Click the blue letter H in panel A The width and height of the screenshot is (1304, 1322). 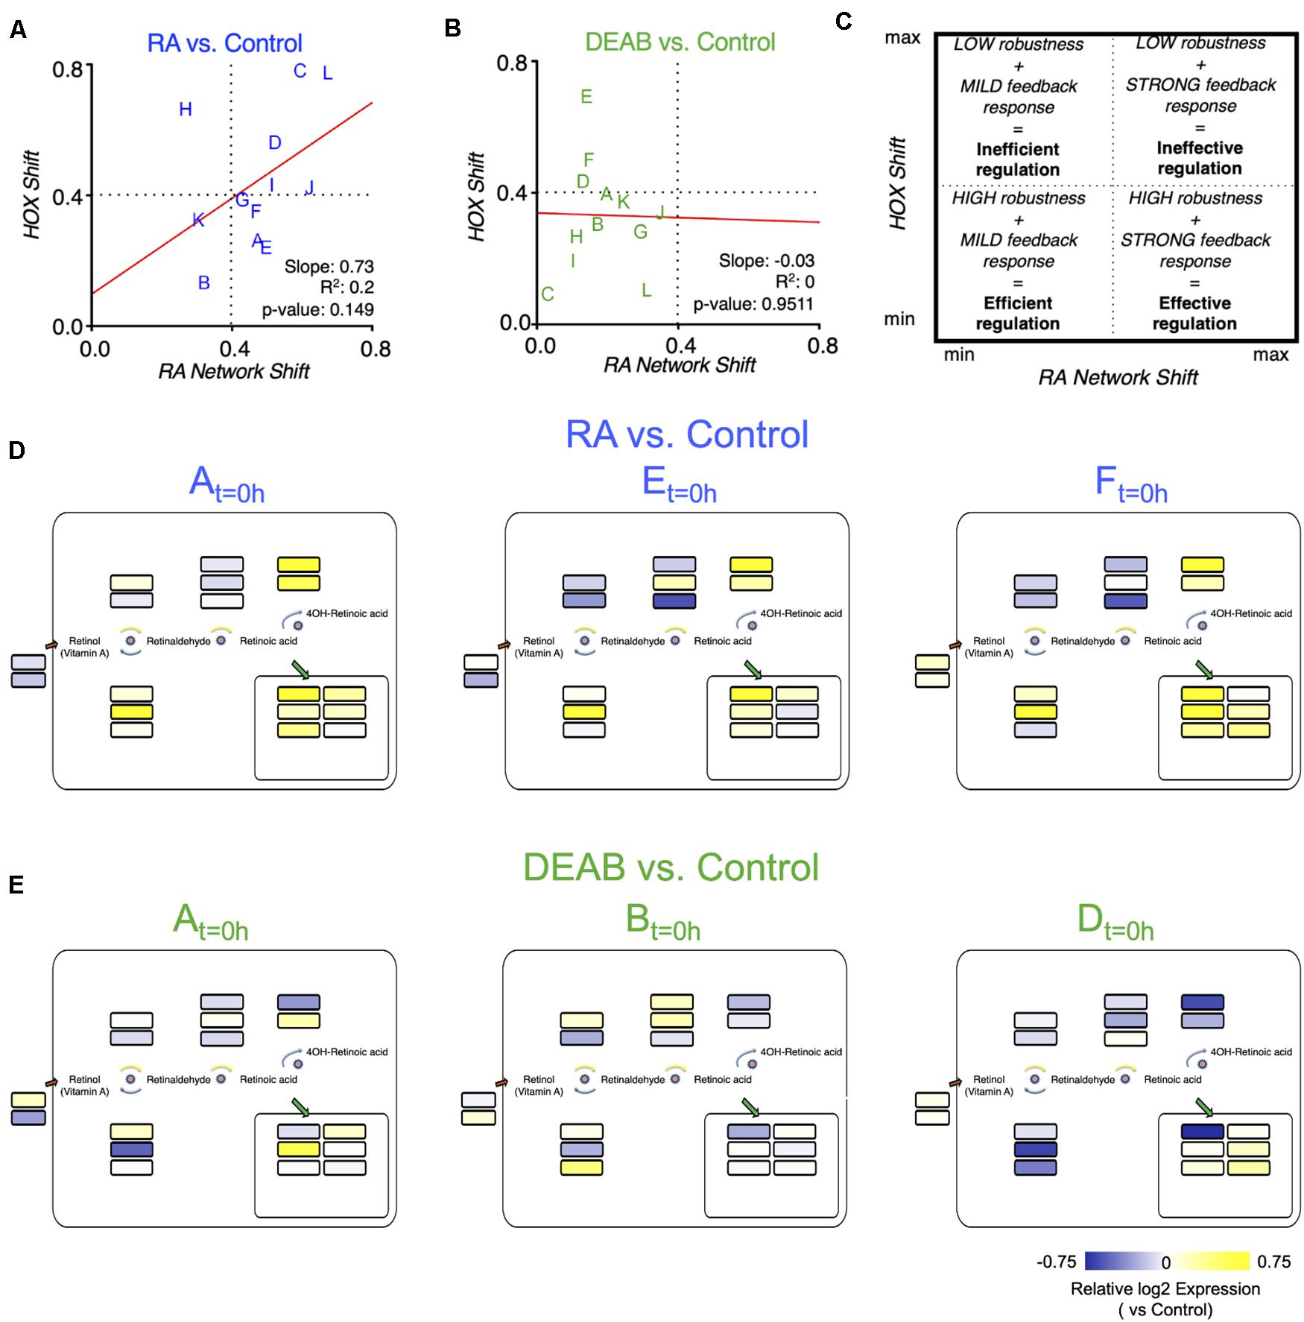click(186, 110)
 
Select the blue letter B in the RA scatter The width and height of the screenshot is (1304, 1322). click(203, 283)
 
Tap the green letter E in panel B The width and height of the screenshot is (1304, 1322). click(586, 97)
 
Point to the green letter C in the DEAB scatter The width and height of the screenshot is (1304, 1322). click(548, 294)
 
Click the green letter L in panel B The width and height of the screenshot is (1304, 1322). click(646, 291)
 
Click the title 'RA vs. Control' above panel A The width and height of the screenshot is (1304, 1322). click(224, 43)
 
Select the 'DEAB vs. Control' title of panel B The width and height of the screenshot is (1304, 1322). click(680, 42)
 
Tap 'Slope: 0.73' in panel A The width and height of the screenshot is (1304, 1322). click(329, 267)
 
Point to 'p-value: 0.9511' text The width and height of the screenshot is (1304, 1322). click(753, 304)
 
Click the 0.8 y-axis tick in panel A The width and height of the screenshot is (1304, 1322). click(67, 70)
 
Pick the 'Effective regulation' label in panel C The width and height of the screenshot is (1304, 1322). click(1194, 314)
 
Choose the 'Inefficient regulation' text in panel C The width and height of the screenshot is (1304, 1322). click(1017, 159)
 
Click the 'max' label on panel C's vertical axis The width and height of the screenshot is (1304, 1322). click(902, 38)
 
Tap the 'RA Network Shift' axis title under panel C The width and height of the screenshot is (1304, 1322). click(1118, 378)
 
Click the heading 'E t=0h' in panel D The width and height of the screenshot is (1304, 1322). click(679, 485)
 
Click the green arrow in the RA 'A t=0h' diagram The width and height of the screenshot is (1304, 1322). click(300, 670)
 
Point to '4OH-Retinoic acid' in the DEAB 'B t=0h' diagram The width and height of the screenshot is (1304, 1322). click(800, 1052)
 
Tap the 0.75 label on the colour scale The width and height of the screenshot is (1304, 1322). click(1273, 1262)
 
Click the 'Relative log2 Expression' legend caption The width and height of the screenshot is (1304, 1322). click(1165, 1289)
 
